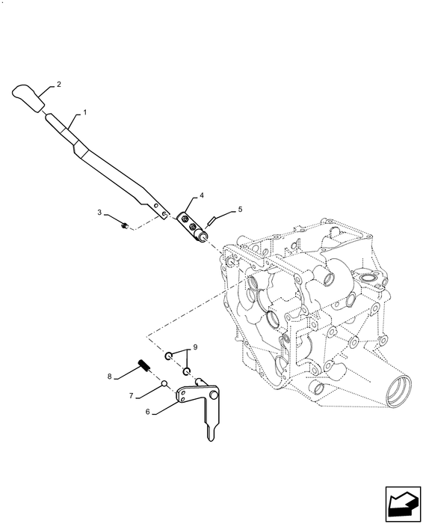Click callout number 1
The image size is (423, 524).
click(85, 112)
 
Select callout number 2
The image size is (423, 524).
click(59, 85)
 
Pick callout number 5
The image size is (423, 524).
click(240, 210)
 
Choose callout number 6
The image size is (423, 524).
click(149, 411)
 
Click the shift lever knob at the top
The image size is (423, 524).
click(28, 98)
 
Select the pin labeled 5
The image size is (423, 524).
click(214, 220)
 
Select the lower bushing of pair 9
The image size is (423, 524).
click(188, 371)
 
